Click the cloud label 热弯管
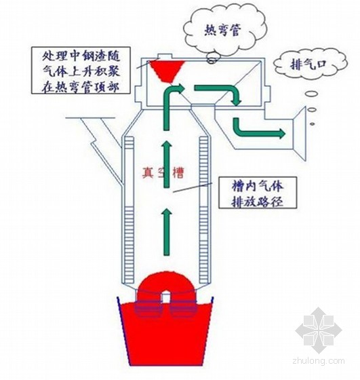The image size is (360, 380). click(222, 31)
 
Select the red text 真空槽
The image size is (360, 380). click(163, 173)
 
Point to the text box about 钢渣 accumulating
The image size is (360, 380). click(81, 71)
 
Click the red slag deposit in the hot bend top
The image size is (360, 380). click(167, 71)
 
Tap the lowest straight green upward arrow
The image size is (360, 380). click(166, 232)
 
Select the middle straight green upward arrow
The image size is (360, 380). click(166, 164)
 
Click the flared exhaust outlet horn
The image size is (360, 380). click(300, 134)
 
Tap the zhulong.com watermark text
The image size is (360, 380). click(319, 361)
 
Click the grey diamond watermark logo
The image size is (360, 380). click(318, 330)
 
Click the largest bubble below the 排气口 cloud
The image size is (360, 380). click(311, 94)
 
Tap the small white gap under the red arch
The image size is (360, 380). click(166, 297)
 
